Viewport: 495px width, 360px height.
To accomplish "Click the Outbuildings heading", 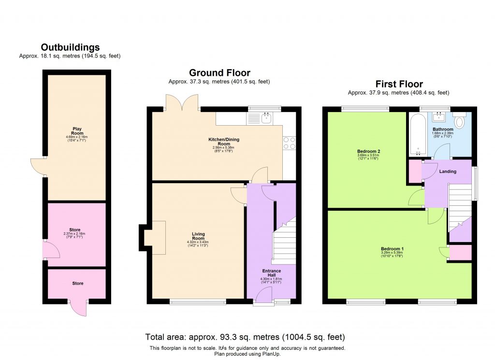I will [x=70, y=47].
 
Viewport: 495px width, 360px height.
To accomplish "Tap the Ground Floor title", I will [x=219, y=73].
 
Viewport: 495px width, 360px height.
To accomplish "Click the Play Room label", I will [x=77, y=131].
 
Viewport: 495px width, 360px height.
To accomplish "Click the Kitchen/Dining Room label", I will [x=224, y=142].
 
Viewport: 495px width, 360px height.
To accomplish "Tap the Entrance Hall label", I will [x=271, y=274].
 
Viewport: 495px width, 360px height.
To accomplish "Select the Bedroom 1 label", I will [x=392, y=249].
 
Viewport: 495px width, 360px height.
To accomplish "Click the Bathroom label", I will [x=443, y=130].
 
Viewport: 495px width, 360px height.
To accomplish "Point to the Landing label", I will [x=448, y=172].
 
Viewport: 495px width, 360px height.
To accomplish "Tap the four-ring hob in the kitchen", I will [x=289, y=144].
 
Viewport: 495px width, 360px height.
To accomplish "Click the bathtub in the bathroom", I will [x=415, y=133].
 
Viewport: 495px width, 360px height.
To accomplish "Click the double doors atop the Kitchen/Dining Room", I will [x=183, y=102].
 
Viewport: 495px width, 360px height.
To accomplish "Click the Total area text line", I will [x=245, y=337].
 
